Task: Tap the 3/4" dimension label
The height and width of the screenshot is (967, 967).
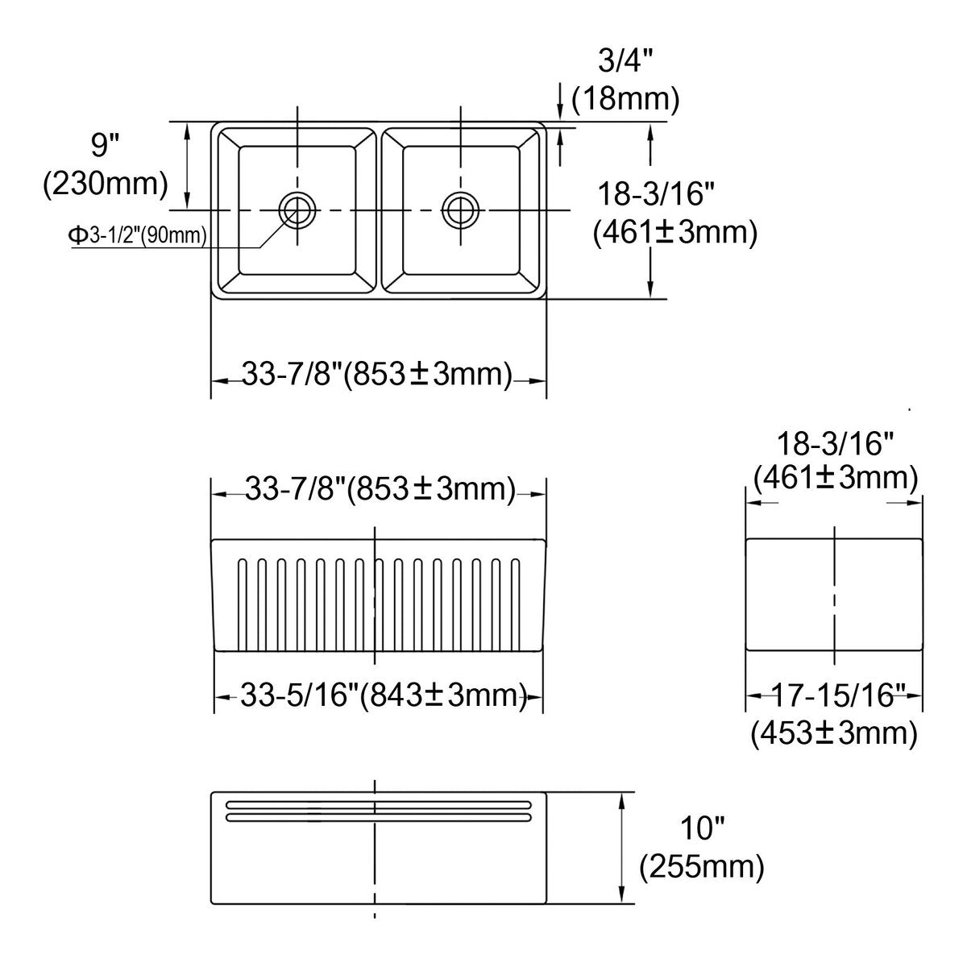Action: [x=625, y=61]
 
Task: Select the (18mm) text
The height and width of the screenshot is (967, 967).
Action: [x=626, y=99]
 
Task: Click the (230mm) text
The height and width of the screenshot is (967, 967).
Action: [x=106, y=184]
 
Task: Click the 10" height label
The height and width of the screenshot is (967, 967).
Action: [x=703, y=828]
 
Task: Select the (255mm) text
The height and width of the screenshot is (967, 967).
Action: [x=702, y=866]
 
